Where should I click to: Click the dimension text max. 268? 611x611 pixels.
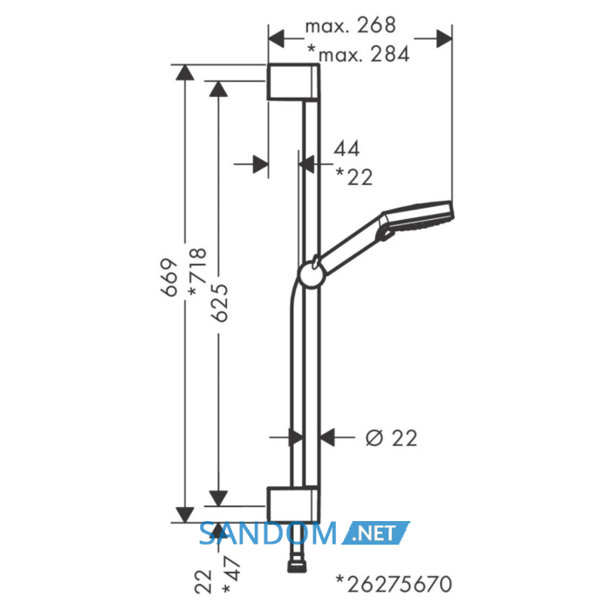(x=350, y=25)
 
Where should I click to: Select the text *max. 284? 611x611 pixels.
(x=359, y=54)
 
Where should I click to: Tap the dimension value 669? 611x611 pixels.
(x=170, y=278)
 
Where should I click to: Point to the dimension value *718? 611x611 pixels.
(x=198, y=271)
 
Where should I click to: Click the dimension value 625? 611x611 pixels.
(x=219, y=303)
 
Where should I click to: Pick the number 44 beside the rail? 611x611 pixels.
(x=347, y=148)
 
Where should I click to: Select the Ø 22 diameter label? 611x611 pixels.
(x=391, y=438)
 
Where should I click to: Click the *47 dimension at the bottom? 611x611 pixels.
(x=231, y=575)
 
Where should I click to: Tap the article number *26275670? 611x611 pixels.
(x=394, y=584)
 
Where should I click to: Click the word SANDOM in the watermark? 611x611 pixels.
(x=268, y=533)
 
